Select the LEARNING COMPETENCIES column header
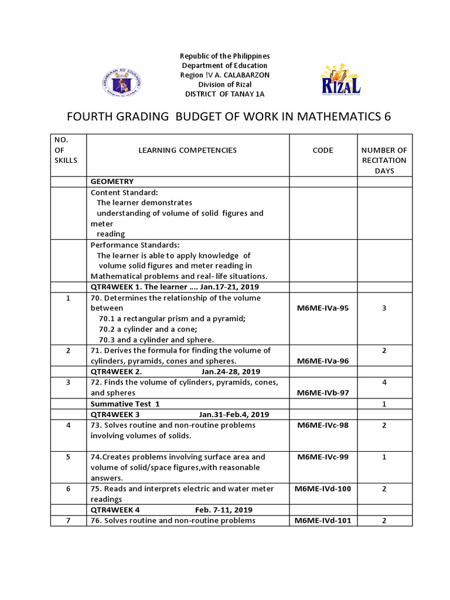pyautogui.click(x=187, y=150)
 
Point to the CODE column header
pyautogui.click(x=323, y=150)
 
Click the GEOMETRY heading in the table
pyautogui.click(x=112, y=182)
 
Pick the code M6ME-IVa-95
pyautogui.click(x=323, y=308)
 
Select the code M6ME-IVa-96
pyautogui.click(x=323, y=361)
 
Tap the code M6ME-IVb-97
pyautogui.click(x=323, y=393)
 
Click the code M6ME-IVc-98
pyautogui.click(x=323, y=425)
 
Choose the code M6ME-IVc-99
pyautogui.click(x=323, y=456)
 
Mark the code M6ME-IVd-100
pyautogui.click(x=323, y=489)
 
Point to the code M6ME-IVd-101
pyautogui.click(x=323, y=520)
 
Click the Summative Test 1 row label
pyautogui.click(x=125, y=404)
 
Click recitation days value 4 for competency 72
pyautogui.click(x=384, y=382)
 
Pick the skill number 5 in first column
pyautogui.click(x=69, y=456)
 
